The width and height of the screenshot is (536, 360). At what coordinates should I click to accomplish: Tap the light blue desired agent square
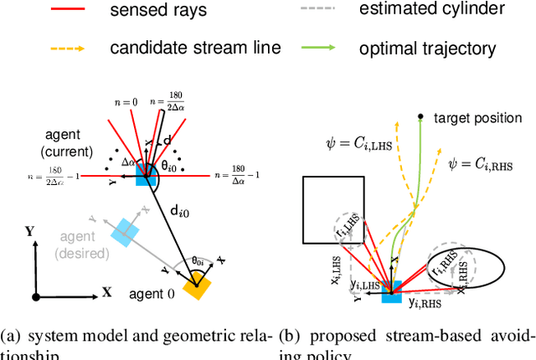click(x=126, y=231)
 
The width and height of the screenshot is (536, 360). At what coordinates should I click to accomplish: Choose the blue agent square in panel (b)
click(x=391, y=289)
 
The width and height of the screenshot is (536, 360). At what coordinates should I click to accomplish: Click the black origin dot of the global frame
click(x=33, y=296)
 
